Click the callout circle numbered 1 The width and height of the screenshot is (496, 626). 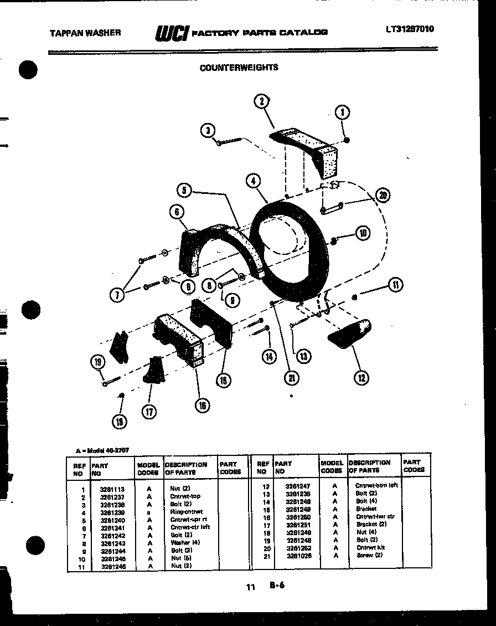point(343,113)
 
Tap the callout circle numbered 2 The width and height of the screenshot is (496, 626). point(262,101)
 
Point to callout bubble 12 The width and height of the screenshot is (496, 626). point(361,378)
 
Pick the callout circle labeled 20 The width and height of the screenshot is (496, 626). point(382,194)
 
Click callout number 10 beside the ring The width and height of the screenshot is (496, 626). point(363,233)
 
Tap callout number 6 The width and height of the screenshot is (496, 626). point(177,211)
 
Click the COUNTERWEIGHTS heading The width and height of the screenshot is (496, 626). point(239,68)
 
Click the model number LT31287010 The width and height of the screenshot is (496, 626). point(410,29)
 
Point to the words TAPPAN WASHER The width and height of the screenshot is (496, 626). point(85,33)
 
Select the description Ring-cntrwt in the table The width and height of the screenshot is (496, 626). point(186,512)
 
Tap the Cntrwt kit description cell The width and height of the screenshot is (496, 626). point(370,547)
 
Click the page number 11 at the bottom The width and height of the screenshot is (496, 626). point(251,587)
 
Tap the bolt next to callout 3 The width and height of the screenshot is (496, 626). point(229,142)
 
